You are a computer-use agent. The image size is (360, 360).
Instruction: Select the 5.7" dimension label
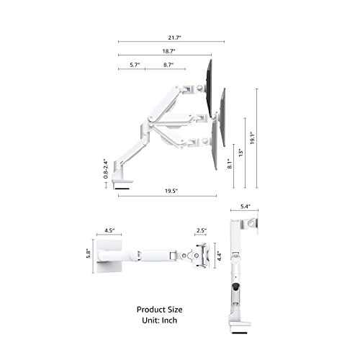[134, 65]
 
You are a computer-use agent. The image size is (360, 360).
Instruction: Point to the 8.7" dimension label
[168, 65]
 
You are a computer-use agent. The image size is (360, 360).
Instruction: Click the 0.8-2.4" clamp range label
[106, 169]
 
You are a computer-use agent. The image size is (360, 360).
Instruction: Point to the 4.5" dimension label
[110, 231]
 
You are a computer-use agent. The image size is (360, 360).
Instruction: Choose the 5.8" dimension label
[87, 254]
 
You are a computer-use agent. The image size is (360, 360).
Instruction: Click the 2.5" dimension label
[200, 231]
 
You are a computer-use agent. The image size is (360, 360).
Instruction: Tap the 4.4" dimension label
[218, 254]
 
